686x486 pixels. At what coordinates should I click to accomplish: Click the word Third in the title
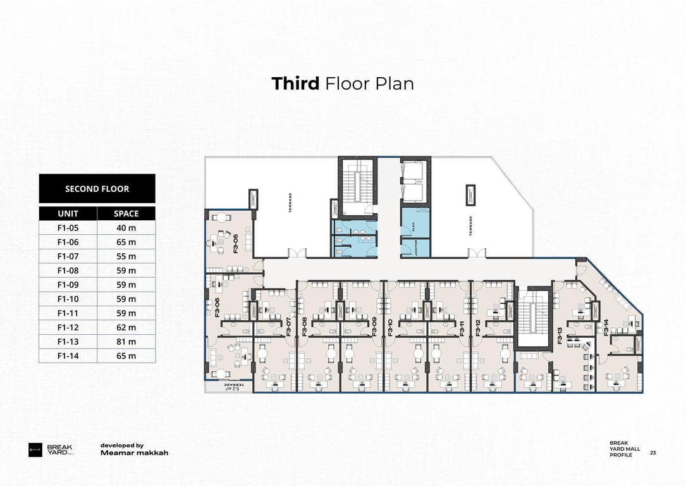295,84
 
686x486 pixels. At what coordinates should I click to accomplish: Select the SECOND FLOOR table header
97,189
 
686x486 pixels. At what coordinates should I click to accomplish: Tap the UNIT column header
68,214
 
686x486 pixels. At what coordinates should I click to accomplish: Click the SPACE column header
126,214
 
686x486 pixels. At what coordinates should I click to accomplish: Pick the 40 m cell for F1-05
126,228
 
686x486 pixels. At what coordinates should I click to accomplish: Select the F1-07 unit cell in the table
68,256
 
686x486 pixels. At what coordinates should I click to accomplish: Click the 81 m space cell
126,342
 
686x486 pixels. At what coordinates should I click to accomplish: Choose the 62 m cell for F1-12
126,327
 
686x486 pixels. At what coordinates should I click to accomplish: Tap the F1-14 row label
68,356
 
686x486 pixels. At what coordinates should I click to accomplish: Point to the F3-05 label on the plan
236,244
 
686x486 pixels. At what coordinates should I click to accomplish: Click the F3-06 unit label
217,307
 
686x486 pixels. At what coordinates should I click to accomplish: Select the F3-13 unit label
560,335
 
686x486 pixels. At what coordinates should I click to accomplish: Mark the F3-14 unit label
606,327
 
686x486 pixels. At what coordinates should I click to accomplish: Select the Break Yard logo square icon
35,451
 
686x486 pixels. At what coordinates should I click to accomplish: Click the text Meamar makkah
134,453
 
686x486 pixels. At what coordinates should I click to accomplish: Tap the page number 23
652,452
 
